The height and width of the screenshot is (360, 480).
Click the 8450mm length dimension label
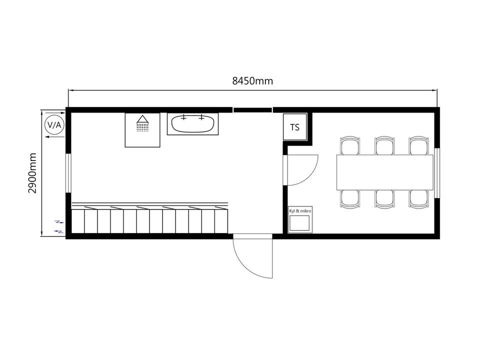(x=252, y=81)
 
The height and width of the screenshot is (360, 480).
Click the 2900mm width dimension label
(x=32, y=173)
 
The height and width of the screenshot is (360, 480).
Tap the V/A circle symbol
(x=54, y=125)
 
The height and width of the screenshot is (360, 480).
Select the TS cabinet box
(x=295, y=127)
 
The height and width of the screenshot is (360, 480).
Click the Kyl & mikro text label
(x=300, y=211)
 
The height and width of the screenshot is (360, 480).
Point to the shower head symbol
(x=142, y=123)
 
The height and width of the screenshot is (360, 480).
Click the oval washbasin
(x=192, y=123)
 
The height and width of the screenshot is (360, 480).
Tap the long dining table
(x=385, y=172)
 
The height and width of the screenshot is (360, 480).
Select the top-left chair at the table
(x=349, y=145)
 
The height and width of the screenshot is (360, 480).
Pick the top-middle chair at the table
(x=384, y=145)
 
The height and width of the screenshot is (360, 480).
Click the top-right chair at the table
(x=419, y=145)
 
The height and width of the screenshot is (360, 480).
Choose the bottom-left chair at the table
(x=349, y=199)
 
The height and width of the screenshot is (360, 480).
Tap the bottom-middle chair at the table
(x=384, y=199)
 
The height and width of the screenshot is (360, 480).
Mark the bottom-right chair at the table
(x=419, y=199)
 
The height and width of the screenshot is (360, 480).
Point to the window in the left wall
(x=68, y=173)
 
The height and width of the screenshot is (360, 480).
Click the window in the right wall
(x=437, y=173)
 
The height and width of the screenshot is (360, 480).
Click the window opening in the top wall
(x=253, y=110)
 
